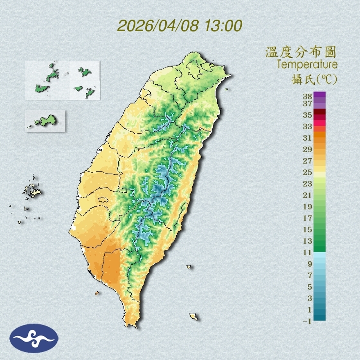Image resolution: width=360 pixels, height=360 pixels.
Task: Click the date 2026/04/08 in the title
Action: (x=158, y=26)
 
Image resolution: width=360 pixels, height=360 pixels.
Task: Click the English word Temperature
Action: (x=307, y=65)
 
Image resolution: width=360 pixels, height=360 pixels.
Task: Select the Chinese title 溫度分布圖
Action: (x=301, y=52)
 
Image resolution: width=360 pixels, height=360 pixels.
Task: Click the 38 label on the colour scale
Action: (x=307, y=97)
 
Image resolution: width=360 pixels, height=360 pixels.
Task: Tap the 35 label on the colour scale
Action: (x=307, y=115)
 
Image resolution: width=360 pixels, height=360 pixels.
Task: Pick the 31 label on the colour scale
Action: (x=307, y=138)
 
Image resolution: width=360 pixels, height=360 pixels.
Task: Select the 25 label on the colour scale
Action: (x=307, y=172)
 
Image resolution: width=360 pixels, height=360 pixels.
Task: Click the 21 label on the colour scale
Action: (x=307, y=195)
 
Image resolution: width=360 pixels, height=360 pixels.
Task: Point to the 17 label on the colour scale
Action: (x=307, y=218)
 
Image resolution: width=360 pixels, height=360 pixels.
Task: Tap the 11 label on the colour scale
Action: (x=307, y=252)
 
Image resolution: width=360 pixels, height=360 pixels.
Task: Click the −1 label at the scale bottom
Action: (x=307, y=321)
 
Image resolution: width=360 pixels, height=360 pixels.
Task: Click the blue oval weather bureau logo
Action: (x=34, y=338)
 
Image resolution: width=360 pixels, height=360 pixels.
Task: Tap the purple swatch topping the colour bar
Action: (x=319, y=94)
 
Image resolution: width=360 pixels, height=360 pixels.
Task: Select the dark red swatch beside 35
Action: (x=319, y=112)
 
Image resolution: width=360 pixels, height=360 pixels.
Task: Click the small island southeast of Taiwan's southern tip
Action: (x=193, y=317)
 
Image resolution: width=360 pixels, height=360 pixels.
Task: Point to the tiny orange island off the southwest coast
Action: (x=97, y=293)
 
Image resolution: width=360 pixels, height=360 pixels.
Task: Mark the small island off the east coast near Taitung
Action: (x=189, y=267)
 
